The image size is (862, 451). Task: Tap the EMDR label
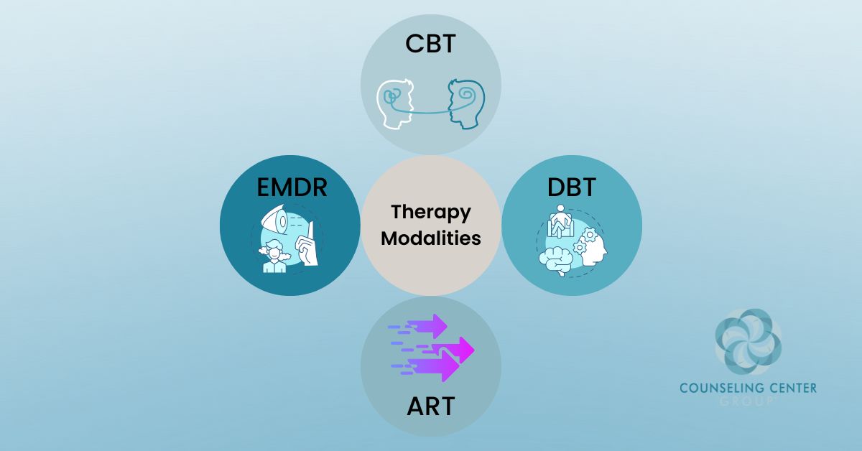[292, 188]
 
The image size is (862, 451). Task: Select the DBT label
[570, 188]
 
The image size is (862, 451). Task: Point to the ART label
[430, 406]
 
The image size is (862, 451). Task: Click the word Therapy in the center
[430, 213]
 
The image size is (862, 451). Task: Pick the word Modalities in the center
[430, 238]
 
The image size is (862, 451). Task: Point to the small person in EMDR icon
[273, 259]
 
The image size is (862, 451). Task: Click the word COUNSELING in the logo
[718, 389]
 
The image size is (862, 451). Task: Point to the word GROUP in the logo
[748, 401]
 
